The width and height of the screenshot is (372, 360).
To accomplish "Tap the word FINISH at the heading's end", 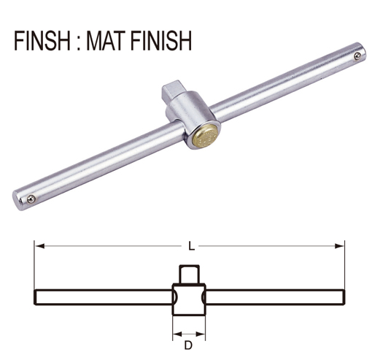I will (164, 40).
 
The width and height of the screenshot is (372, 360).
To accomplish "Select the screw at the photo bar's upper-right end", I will (356, 55).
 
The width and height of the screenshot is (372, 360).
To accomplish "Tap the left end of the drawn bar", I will (36, 299).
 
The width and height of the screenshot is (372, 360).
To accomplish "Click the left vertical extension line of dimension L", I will (34, 267).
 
